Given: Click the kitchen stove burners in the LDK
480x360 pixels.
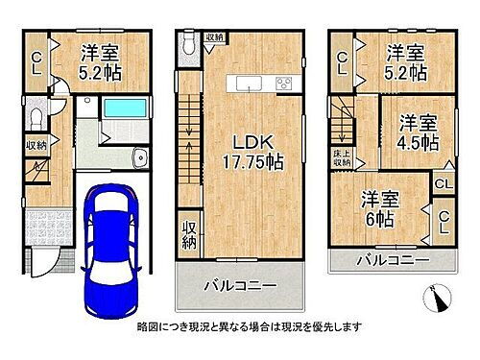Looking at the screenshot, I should click(x=283, y=84).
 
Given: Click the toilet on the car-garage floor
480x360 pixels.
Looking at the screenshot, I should click(x=35, y=118).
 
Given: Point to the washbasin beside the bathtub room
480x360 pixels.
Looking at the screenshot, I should click(x=140, y=157).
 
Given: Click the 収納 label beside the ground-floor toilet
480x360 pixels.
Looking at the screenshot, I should click(x=36, y=146).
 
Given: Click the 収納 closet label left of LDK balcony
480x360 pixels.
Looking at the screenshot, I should click(x=188, y=236).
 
